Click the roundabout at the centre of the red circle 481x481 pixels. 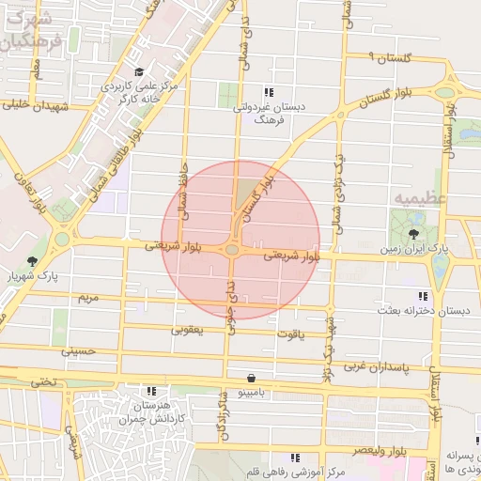[232, 250]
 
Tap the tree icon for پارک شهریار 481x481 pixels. [33, 260]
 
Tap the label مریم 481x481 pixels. [86, 298]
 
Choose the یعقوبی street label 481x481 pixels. [187, 330]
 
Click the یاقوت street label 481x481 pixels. [291, 333]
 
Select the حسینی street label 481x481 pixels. [79, 351]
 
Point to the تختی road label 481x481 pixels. [43, 381]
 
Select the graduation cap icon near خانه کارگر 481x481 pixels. [139, 72]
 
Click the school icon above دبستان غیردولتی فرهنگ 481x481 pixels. [269, 92]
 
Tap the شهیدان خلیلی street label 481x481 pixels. [38, 106]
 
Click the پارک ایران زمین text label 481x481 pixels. [414, 250]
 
